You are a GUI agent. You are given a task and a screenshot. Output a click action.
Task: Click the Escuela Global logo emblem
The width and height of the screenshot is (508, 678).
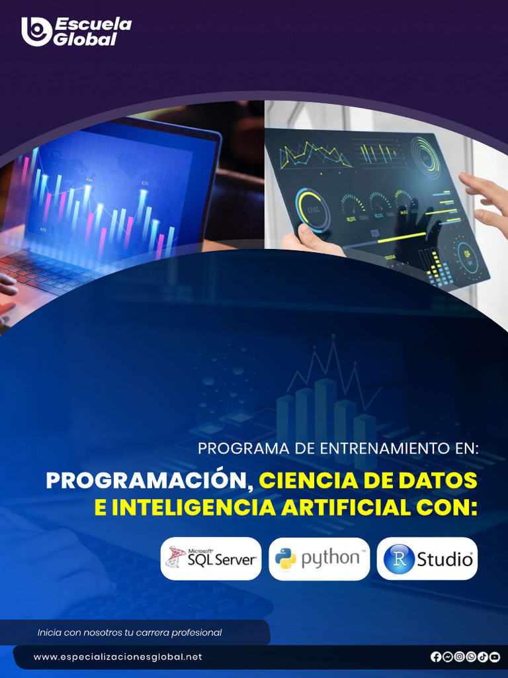36,31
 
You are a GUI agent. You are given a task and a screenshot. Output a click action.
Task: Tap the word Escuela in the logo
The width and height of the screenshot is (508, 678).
93,24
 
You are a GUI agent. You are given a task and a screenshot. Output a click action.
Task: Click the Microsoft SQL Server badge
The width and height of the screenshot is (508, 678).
211,558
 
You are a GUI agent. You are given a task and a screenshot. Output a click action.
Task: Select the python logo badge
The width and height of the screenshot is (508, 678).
319,558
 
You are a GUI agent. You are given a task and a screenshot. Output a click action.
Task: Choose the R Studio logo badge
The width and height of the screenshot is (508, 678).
427,558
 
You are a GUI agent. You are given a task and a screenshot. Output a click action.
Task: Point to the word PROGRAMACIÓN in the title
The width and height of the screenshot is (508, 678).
149,481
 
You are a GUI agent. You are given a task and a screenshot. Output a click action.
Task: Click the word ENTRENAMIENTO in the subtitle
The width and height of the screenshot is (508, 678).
386,448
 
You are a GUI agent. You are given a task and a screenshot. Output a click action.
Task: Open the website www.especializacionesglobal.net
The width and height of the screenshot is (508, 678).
118,657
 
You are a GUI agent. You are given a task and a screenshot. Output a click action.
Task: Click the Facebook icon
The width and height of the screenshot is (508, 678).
436,657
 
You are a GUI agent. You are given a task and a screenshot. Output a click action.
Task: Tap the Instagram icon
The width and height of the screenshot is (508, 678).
459,657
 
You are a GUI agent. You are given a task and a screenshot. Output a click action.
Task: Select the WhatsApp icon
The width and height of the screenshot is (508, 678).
471,657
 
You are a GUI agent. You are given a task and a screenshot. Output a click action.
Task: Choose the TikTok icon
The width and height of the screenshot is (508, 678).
483,657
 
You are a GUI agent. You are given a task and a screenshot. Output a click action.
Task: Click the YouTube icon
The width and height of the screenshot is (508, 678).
495,657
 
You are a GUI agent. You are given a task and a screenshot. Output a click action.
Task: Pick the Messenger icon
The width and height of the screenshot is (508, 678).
448,657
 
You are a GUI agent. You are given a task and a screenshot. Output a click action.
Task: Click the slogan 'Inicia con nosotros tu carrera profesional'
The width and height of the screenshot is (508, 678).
130,632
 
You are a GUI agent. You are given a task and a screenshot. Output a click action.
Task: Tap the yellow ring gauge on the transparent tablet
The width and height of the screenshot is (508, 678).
312,210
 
